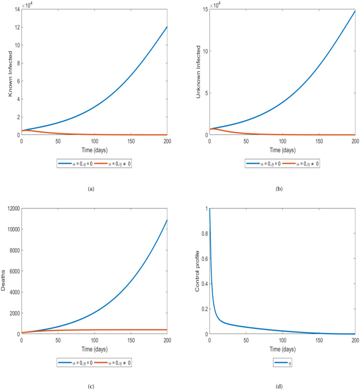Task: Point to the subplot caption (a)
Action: (x=91, y=189)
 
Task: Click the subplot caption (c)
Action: (x=91, y=383)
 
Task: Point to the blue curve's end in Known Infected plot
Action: (x=166, y=27)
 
